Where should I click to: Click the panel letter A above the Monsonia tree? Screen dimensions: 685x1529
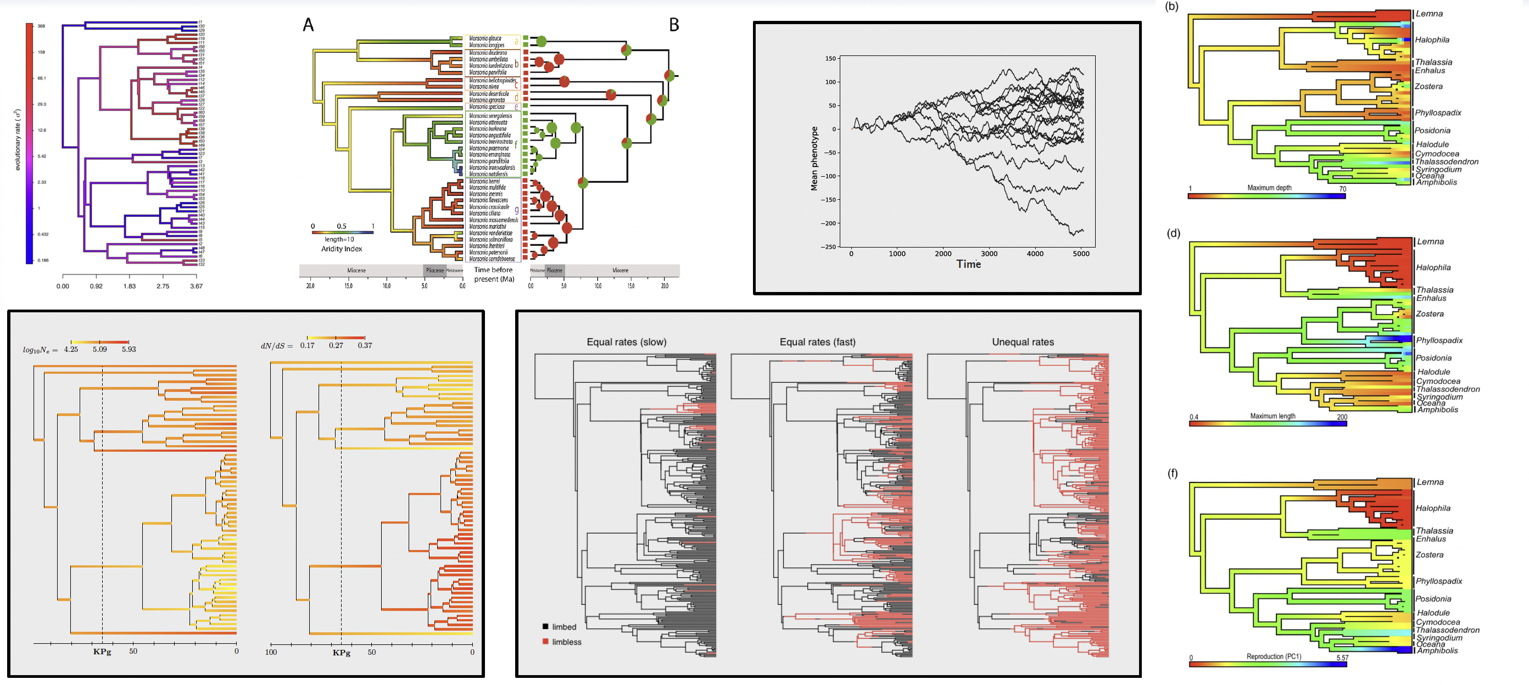click(x=308, y=25)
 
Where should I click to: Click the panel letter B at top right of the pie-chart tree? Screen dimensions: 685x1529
click(x=674, y=25)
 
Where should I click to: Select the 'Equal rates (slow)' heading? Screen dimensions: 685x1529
click(x=626, y=342)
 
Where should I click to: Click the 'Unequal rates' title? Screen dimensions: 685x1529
click(x=1023, y=342)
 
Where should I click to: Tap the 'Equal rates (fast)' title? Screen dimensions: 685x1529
click(x=817, y=342)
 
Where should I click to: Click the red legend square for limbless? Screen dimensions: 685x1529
click(x=545, y=642)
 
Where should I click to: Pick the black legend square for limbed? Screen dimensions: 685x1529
click(x=545, y=627)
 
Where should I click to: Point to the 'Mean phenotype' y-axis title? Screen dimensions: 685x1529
click(x=814, y=158)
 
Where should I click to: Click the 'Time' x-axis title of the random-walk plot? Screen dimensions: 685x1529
click(x=968, y=265)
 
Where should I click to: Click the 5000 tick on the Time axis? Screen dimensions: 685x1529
click(x=1081, y=254)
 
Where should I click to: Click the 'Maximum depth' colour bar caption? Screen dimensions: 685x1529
click(x=1269, y=188)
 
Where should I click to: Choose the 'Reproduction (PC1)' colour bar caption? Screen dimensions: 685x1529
click(x=1273, y=656)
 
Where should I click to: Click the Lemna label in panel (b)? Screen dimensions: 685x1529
click(x=1428, y=14)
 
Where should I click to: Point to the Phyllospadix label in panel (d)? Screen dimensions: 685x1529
click(x=1439, y=340)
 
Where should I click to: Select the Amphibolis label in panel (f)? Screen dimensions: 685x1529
click(x=1437, y=650)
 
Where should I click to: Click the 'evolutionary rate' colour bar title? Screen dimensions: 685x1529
click(x=18, y=140)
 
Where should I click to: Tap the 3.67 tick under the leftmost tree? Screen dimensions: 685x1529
click(x=196, y=287)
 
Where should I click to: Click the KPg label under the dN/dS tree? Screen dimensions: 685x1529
click(x=341, y=653)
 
